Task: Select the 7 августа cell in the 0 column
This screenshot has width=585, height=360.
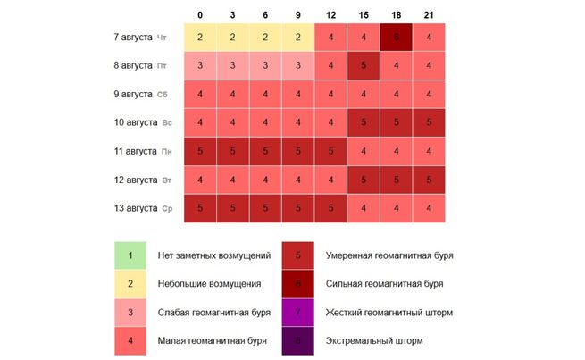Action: click(201, 36)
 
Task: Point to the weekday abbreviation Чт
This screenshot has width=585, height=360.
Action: click(162, 37)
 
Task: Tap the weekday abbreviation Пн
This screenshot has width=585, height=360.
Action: click(167, 151)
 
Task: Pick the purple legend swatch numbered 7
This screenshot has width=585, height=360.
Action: click(298, 312)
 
